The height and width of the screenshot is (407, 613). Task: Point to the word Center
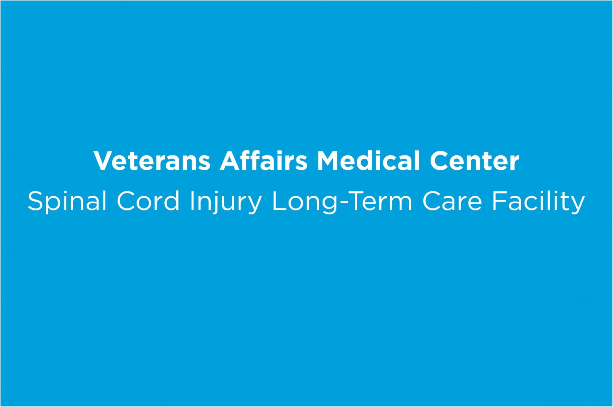pos(475,161)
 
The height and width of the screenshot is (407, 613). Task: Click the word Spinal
pos(67,202)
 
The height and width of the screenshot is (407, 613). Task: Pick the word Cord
pos(148,201)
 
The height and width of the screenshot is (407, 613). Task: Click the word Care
pos(452,201)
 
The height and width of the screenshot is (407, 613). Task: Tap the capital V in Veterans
pos(104,161)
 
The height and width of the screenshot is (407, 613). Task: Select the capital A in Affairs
pos(230,161)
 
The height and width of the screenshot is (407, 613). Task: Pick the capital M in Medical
pos(328,161)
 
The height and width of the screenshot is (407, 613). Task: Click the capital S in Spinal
pos(36,201)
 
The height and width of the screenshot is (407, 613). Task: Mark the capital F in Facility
pos(500,201)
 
